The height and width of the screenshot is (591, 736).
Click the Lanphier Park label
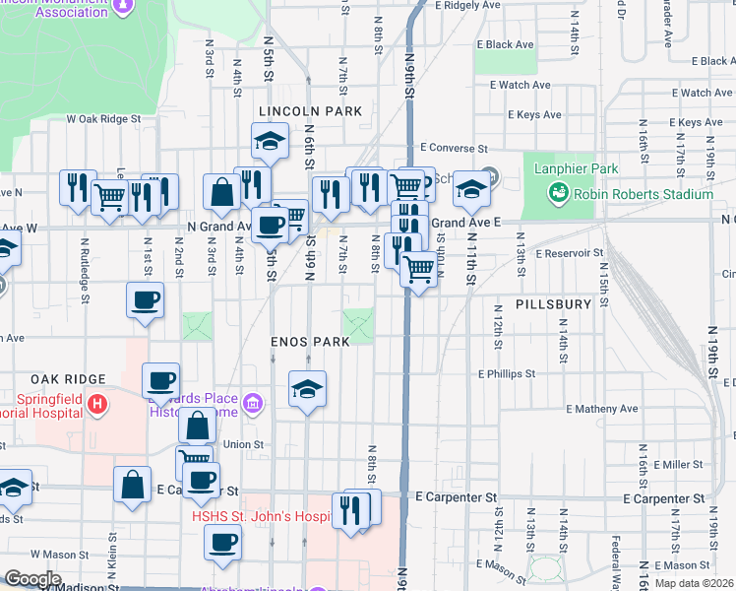pyautogui.click(x=577, y=168)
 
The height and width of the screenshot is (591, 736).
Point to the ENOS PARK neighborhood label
pyautogui.click(x=312, y=342)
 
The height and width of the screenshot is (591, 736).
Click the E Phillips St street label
pyautogui.click(x=507, y=374)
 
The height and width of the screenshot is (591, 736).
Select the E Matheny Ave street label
pyautogui.click(x=602, y=409)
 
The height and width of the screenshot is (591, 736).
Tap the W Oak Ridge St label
pyautogui.click(x=103, y=119)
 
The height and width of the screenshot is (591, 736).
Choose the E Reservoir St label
pyautogui.click(x=570, y=253)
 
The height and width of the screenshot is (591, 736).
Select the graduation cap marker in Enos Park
pyautogui.click(x=307, y=391)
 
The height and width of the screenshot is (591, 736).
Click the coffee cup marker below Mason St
pyautogui.click(x=221, y=541)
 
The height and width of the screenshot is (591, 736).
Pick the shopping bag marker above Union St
pyautogui.click(x=197, y=426)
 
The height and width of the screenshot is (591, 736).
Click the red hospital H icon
pyautogui.click(x=96, y=403)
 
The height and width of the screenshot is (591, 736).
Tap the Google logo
pyautogui.click(x=32, y=579)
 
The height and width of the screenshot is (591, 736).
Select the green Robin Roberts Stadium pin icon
pyautogui.click(x=559, y=194)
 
